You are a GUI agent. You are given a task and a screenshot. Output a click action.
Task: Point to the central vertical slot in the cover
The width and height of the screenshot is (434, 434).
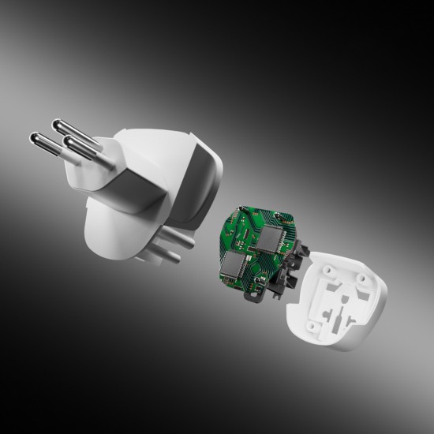[347, 304]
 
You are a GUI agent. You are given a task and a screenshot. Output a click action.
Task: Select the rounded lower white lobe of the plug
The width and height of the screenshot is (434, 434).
[110, 237]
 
